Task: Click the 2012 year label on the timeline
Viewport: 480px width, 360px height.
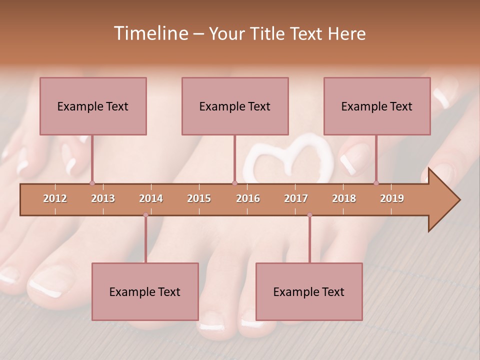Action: coord(55,198)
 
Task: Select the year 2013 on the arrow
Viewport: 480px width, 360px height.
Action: coord(103,198)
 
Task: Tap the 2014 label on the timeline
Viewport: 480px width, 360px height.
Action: coord(151,198)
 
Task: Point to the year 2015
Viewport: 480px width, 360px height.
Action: coord(199,198)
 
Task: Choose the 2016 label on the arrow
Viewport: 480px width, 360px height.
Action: coord(248,198)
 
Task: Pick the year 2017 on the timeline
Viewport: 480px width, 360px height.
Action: coord(296,198)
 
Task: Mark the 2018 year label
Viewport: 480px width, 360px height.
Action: coord(344,198)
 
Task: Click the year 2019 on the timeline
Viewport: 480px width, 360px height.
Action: coord(392,198)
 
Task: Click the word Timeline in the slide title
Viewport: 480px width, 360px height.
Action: coord(150,33)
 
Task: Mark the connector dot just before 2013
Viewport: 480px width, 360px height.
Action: coord(92,183)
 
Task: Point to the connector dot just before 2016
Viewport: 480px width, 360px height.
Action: coord(234,183)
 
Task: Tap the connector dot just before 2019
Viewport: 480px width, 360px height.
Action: coord(376,183)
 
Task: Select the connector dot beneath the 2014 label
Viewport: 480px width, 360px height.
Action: coord(145,215)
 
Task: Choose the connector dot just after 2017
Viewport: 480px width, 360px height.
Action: coord(309,215)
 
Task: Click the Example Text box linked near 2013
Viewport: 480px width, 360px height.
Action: coord(93,106)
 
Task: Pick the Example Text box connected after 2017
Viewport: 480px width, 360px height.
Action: coord(309,291)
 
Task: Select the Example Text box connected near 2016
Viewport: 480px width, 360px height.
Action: coord(235,106)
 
